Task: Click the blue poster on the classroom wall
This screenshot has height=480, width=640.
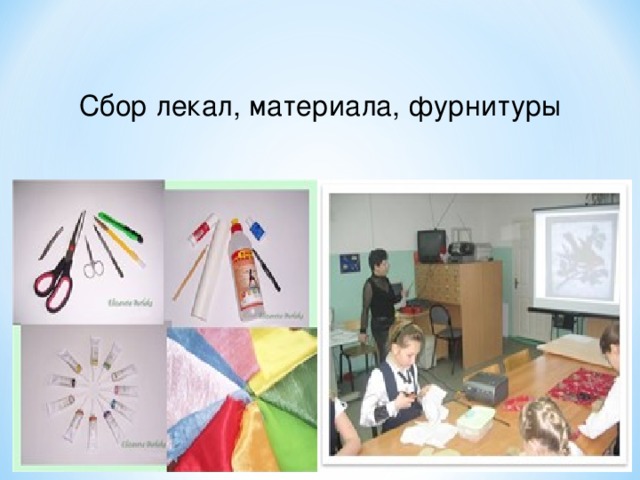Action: tap(349, 263)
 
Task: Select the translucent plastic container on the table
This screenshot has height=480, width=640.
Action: tap(474, 421)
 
